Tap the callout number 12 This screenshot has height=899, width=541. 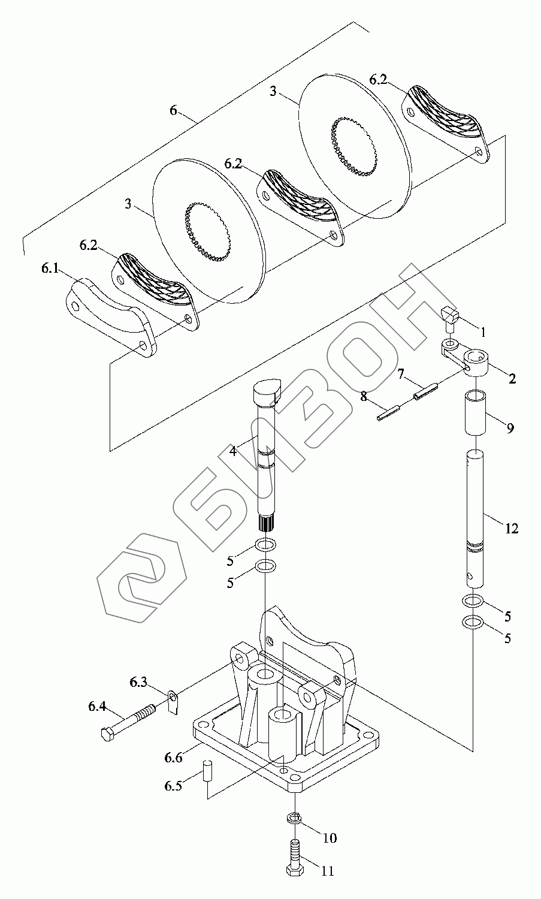[x=511, y=529]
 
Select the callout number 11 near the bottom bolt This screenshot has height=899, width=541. [x=328, y=871]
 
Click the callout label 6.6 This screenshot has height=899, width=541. [x=173, y=758]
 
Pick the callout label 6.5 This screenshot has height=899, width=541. [x=173, y=786]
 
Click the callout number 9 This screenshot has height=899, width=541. [x=510, y=429]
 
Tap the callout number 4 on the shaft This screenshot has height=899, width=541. [x=233, y=451]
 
